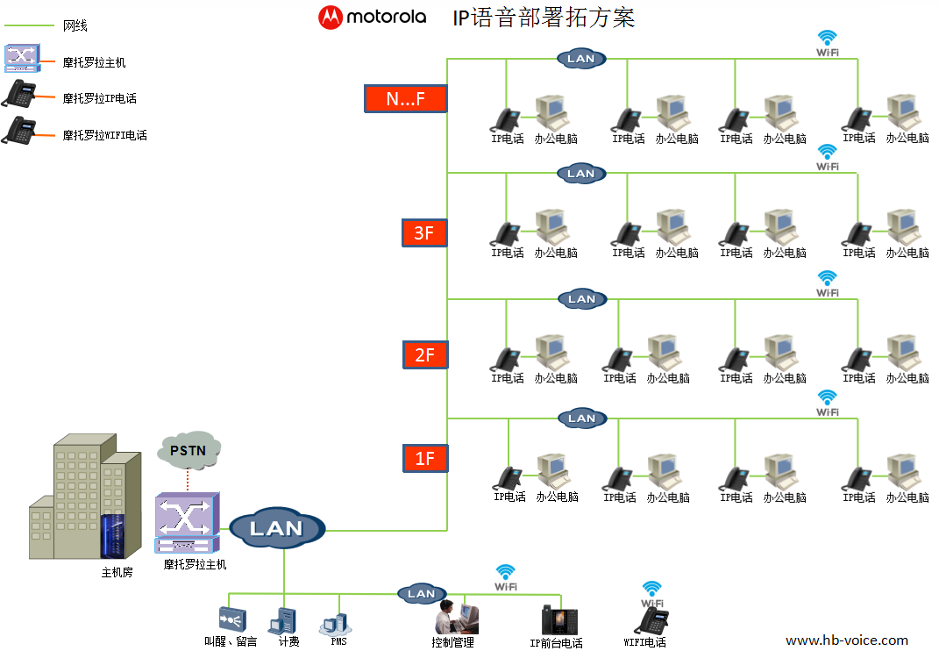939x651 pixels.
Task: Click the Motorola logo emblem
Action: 330,18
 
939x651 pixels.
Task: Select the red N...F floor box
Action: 405,98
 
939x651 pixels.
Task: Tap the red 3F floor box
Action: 424,232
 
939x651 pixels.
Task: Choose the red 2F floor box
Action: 424,354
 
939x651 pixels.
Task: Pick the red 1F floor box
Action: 424,459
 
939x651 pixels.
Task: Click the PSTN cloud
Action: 189,450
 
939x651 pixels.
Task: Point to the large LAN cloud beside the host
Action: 277,528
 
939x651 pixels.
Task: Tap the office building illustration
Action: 85,497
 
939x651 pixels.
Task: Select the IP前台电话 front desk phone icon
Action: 559,619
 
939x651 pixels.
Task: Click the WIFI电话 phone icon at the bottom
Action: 652,620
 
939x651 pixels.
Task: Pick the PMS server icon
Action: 335,625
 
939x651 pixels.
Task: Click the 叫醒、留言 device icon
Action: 232,619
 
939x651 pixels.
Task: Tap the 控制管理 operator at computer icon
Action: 456,618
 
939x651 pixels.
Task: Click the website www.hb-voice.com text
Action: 847,640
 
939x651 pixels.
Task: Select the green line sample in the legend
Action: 29,25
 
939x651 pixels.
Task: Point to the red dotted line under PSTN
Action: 188,480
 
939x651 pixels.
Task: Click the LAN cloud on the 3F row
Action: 581,174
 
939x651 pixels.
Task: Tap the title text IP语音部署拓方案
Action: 544,18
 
